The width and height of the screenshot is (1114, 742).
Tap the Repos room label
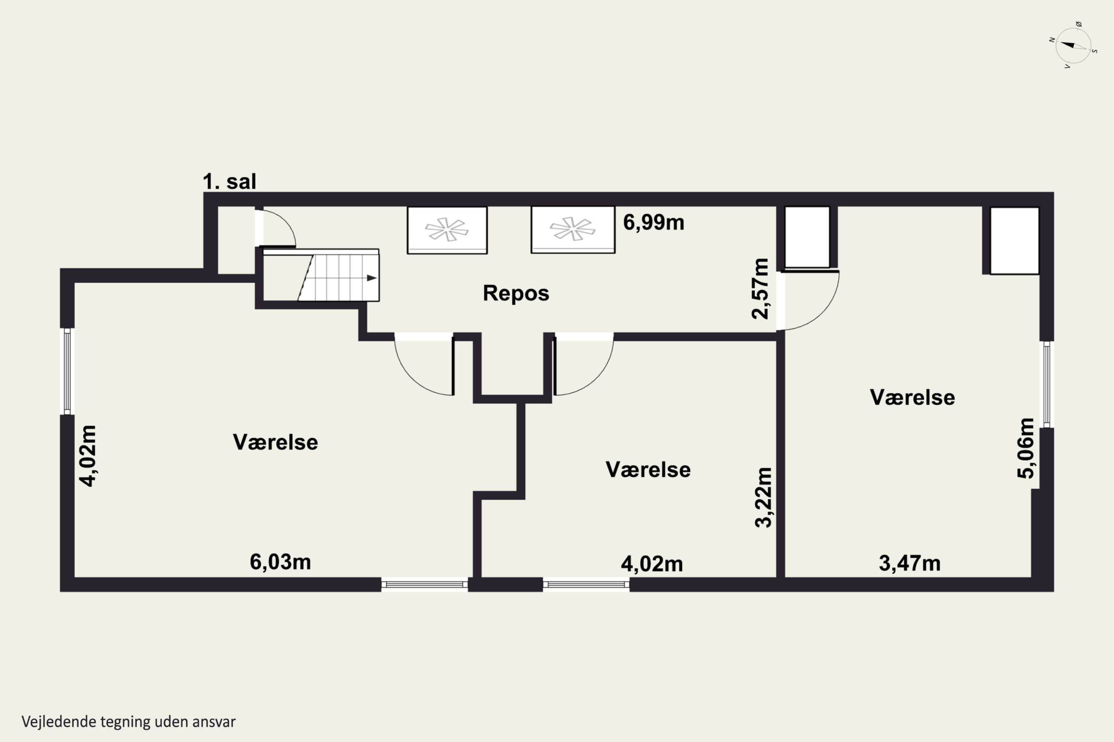[x=516, y=293]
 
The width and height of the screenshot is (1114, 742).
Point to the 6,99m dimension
[x=654, y=222]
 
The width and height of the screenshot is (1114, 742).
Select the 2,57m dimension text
[x=760, y=289]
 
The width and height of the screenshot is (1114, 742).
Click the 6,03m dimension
[x=280, y=562]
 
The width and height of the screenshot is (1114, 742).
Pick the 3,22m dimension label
[x=763, y=498]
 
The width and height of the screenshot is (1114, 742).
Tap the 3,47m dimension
[x=910, y=564]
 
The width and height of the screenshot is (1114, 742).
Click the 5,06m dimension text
[x=1026, y=449]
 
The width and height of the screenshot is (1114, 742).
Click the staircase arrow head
[x=372, y=278]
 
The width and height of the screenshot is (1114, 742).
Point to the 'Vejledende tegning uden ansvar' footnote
[x=128, y=722]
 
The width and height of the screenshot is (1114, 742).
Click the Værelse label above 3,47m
[x=912, y=397]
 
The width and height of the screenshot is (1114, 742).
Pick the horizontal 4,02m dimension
[x=652, y=564]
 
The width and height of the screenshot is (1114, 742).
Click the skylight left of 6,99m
[x=573, y=230]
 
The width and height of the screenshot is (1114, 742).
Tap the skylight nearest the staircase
[x=447, y=230]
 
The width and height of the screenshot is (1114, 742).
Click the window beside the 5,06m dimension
[x=1047, y=384]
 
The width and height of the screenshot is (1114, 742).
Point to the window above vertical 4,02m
[x=67, y=371]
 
